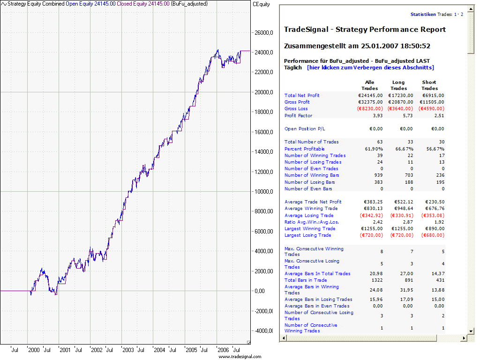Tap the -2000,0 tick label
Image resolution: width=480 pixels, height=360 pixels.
(x=263, y=310)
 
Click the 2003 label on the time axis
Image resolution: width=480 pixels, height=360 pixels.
(x=127, y=350)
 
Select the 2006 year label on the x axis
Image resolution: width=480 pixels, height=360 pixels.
(x=223, y=350)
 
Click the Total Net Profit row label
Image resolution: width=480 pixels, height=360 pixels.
(x=302, y=95)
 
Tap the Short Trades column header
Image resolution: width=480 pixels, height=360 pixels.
(x=429, y=85)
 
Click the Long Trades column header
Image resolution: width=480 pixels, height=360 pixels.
(x=399, y=85)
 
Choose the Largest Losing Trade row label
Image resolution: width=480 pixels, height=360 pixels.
(x=307, y=235)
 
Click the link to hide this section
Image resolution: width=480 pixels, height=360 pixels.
(x=370, y=67)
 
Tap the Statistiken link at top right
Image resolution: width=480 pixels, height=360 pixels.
(x=423, y=15)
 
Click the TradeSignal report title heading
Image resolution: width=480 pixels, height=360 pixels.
(x=365, y=30)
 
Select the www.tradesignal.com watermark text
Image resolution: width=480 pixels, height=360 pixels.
(x=240, y=356)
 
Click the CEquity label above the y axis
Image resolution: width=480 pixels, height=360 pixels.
(x=261, y=4)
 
